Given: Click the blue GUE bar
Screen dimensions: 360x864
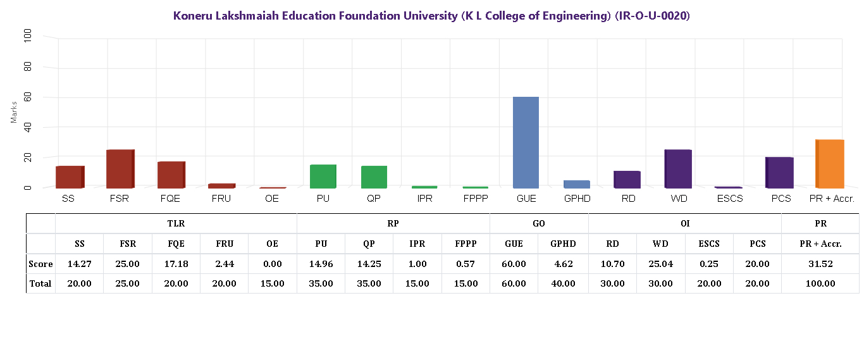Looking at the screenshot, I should point(526,142).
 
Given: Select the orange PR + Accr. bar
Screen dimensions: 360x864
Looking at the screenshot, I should point(830,164).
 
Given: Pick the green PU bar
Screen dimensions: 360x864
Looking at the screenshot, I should point(323,176).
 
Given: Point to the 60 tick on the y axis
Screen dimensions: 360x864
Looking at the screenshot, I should point(27,97).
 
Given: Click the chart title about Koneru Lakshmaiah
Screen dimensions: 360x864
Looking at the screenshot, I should point(431,16).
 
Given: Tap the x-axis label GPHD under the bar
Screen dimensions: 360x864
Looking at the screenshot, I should point(577,199).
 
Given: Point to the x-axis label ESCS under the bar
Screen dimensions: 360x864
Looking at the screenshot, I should point(728,199).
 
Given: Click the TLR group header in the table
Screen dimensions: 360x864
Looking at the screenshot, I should point(176,223).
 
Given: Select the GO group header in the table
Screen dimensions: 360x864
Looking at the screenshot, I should point(539,223).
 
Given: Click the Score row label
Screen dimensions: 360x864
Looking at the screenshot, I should point(40,264).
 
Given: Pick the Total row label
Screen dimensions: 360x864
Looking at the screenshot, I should point(40,283).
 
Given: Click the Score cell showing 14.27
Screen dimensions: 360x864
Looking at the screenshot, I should point(80,264).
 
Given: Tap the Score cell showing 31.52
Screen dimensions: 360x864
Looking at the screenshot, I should point(820,264).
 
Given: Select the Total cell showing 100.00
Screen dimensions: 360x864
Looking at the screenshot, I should point(820,283).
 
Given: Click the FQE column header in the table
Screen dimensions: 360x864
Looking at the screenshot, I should point(176,244).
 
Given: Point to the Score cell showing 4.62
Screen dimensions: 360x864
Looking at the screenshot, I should point(563,264).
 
